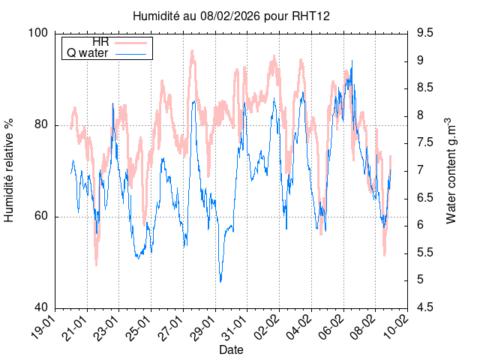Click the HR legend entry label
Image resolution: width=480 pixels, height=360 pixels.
100,42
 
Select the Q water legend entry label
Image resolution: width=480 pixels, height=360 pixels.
88,53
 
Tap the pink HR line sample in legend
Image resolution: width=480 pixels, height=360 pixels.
132,42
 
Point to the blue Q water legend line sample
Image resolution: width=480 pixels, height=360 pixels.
132,53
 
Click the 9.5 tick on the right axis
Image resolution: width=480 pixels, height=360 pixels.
425,33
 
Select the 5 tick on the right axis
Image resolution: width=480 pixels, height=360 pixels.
421,280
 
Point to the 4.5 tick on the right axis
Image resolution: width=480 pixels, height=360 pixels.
425,308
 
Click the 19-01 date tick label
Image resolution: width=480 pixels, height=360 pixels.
44,327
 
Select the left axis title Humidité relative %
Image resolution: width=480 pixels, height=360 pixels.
10,170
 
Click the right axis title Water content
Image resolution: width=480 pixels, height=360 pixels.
451,170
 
